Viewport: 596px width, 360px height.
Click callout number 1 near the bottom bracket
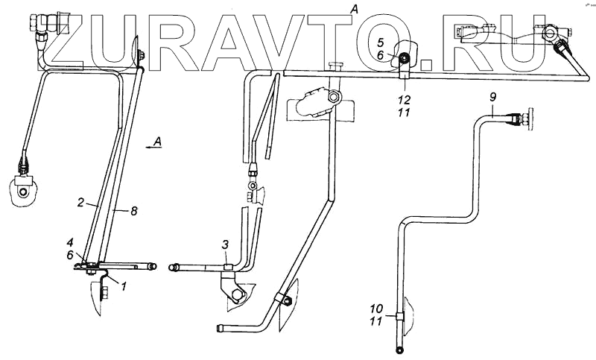click(123, 285)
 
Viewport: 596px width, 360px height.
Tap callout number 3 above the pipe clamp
click(224, 245)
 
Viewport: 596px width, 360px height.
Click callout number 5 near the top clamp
click(379, 42)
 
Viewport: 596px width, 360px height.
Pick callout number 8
click(133, 212)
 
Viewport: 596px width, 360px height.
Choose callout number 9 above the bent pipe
click(492, 98)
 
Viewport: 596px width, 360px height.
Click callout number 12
click(403, 99)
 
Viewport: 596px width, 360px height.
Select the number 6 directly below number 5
click(379, 54)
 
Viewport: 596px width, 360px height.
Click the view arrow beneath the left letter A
click(153, 149)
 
